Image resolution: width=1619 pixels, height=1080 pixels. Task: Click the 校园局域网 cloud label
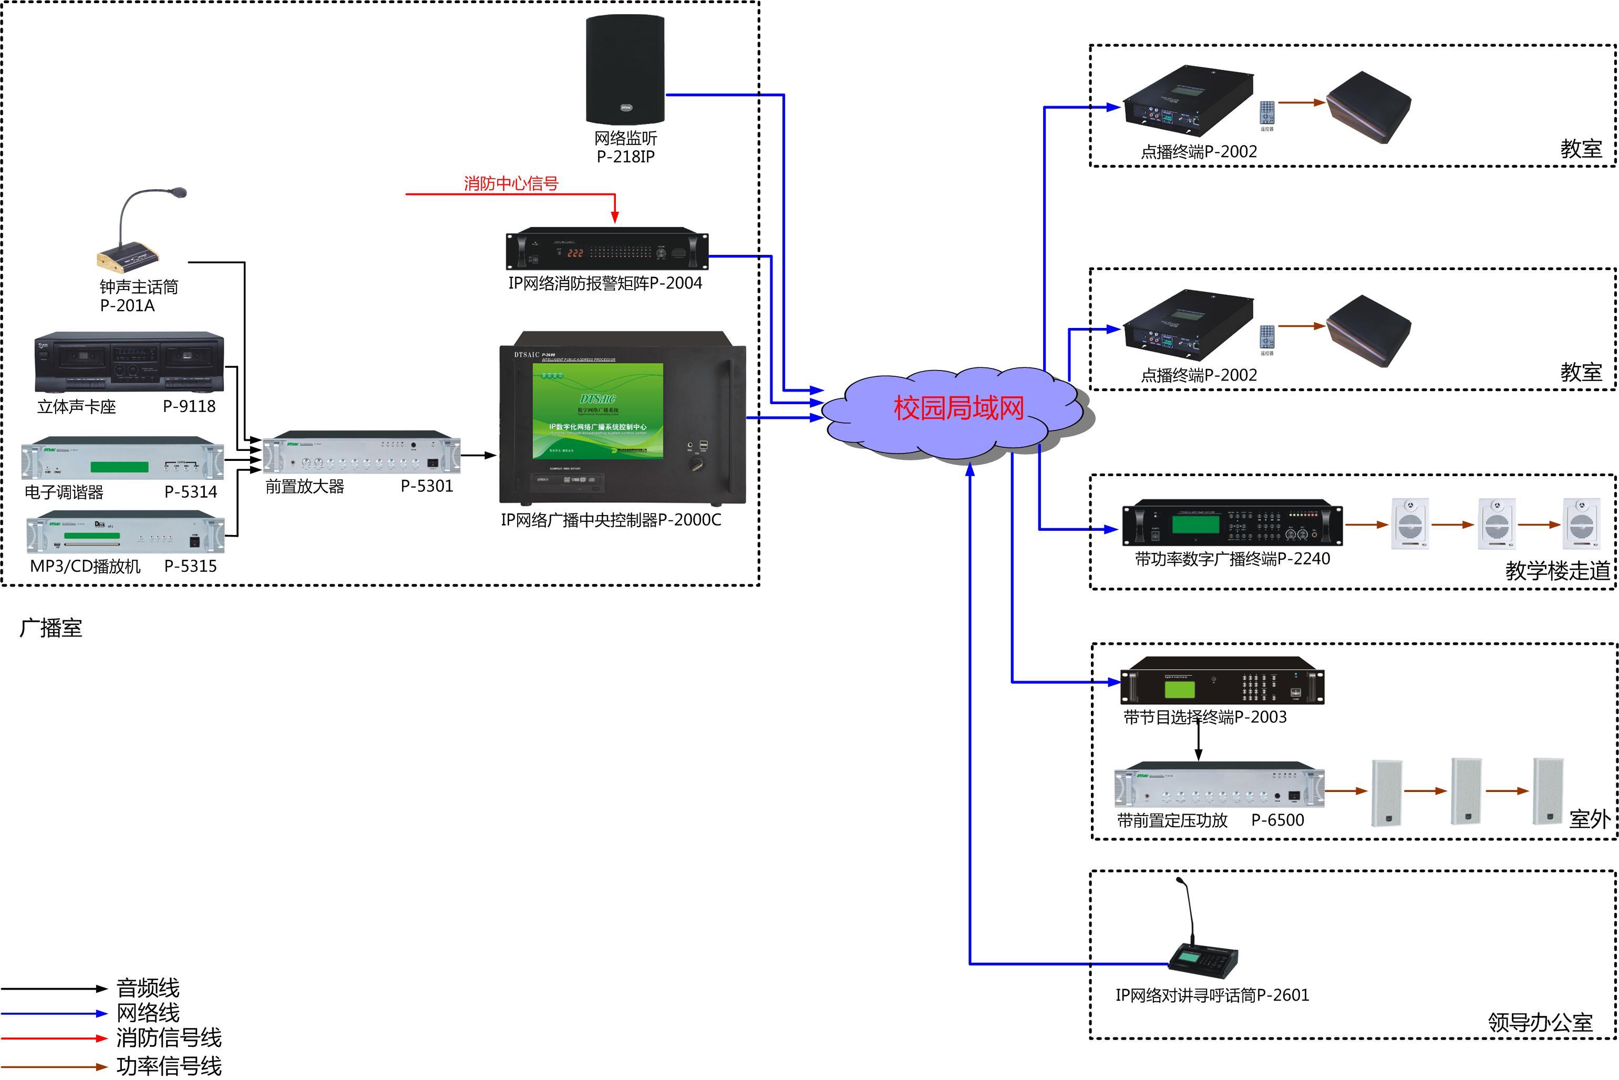(958, 408)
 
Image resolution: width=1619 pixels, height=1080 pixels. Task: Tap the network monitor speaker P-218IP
(625, 69)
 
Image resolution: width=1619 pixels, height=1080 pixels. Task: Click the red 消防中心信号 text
(510, 183)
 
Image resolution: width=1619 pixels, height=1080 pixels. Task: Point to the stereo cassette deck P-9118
(129, 362)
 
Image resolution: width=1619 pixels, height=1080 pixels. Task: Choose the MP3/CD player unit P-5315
(126, 532)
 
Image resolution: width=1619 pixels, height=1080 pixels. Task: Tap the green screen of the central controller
(598, 411)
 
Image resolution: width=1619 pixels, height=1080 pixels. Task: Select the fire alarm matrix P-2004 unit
(607, 249)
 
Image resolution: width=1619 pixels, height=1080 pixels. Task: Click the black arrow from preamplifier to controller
(479, 455)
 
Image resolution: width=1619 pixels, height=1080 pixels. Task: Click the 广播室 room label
(51, 628)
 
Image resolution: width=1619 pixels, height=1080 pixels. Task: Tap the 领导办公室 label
(1540, 1022)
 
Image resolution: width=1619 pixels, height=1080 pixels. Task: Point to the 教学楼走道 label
(1557, 570)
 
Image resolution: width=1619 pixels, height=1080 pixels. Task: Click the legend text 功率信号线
(169, 1065)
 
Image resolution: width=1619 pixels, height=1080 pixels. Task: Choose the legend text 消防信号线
(169, 1037)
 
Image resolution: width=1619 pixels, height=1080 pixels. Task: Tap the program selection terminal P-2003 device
(1222, 681)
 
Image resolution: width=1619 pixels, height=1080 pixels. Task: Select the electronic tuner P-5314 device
(122, 458)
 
